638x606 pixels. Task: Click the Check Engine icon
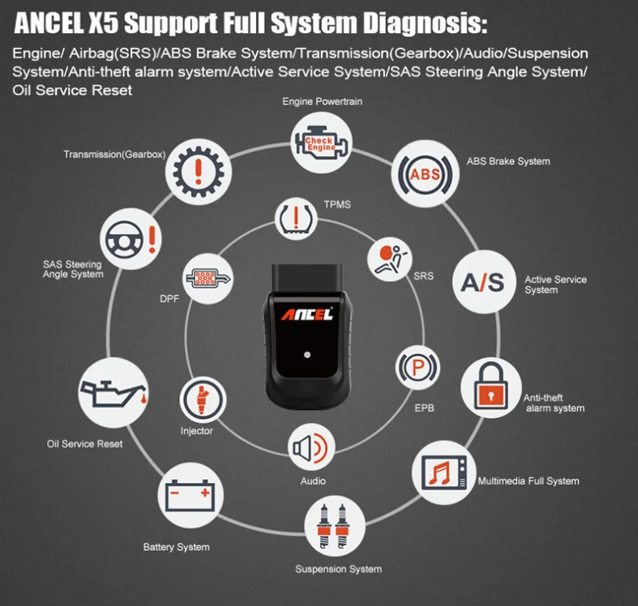322,143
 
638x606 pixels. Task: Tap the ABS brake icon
425,174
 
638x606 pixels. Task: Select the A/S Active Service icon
483,282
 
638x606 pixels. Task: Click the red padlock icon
491,386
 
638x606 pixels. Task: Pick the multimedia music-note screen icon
444,472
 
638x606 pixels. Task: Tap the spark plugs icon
335,526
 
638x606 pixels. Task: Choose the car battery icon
191,495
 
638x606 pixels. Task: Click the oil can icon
113,393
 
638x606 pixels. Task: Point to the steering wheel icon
124,239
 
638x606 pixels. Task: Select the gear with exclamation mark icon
198,172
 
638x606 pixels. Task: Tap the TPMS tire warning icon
296,219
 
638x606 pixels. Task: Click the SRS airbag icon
390,259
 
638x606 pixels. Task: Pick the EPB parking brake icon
417,367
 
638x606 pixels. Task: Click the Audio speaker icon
310,448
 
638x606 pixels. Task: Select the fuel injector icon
202,399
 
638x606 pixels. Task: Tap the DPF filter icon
208,278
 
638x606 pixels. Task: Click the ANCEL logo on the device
307,314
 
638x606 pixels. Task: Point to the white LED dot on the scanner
307,355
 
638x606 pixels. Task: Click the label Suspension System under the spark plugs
339,569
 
